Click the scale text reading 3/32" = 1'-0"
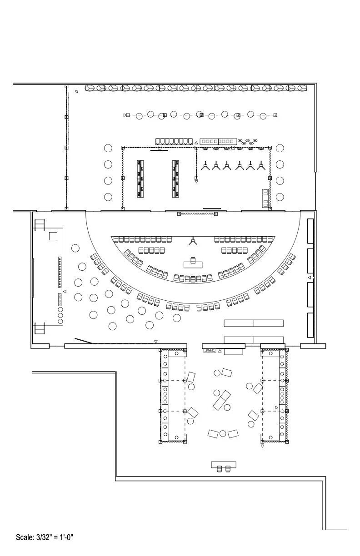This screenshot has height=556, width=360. (x=45, y=537)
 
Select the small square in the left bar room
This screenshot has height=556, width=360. (x=53, y=236)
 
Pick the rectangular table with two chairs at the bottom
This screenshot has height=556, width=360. (x=224, y=465)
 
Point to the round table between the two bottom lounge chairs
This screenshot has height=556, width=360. (x=223, y=433)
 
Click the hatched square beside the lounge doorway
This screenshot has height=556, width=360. (x=210, y=351)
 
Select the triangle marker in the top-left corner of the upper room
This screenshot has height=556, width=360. (x=76, y=91)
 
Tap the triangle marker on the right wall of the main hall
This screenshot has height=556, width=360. (x=310, y=278)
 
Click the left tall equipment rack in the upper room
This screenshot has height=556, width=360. (x=141, y=179)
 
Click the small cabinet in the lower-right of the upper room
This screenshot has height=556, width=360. (x=265, y=198)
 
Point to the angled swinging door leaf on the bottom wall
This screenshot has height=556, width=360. (x=84, y=340)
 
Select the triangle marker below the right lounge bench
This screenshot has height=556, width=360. (x=262, y=446)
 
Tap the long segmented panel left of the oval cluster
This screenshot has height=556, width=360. (x=219, y=141)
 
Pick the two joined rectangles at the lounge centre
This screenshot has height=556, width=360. (x=222, y=400)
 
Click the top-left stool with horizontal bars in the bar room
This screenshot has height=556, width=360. (x=40, y=225)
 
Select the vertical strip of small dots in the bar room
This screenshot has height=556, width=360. (x=59, y=272)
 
